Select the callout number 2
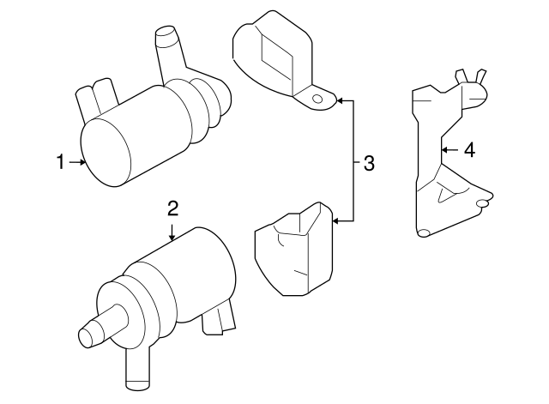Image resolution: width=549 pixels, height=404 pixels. (x=172, y=208)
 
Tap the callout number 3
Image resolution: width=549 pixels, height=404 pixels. (x=369, y=162)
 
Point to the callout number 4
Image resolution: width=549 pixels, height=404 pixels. (x=468, y=150)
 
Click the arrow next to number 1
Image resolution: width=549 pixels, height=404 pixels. (x=76, y=162)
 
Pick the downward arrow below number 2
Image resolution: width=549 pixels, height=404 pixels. (x=172, y=231)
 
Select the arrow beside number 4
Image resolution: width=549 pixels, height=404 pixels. (x=446, y=150)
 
